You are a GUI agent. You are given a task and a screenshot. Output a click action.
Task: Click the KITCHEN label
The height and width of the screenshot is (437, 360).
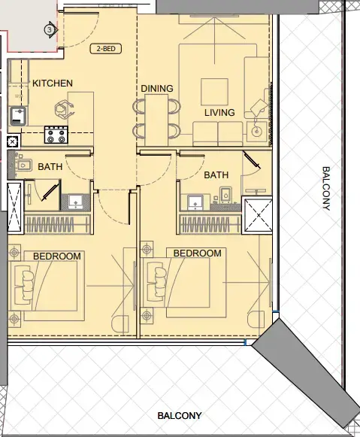[x=52, y=83]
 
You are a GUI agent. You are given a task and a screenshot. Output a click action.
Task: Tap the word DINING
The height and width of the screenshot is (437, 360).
[x=156, y=89]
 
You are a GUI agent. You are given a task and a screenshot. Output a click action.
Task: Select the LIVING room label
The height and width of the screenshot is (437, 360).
[x=219, y=113]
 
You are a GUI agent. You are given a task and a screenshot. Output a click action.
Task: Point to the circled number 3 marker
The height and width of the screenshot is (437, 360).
[x=50, y=30]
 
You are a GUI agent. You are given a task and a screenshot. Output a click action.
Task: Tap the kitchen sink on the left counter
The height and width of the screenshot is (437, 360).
[x=17, y=117]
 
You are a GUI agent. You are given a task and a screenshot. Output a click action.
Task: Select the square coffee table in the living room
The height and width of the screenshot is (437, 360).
[x=215, y=90]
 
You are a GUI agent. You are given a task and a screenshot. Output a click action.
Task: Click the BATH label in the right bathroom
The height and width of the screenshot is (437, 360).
[x=216, y=175]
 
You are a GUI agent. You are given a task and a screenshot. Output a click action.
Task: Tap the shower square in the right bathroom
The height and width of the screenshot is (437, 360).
[x=258, y=214]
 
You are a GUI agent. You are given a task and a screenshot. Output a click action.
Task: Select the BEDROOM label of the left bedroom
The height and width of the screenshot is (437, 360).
[x=57, y=256]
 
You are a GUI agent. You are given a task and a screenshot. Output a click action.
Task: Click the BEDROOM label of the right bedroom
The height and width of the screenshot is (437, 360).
[x=198, y=253]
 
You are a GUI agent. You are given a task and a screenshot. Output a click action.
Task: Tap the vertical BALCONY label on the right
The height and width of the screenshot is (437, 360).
[x=325, y=188]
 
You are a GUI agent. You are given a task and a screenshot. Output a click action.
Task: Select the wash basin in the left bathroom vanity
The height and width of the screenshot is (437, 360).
[x=75, y=202]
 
